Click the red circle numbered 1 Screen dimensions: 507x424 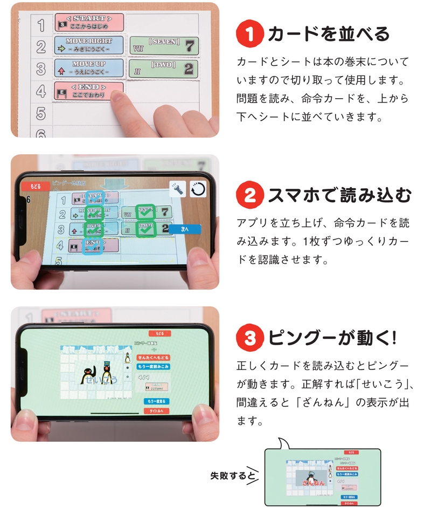[x=249, y=34]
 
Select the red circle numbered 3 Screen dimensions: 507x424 [x=249, y=338]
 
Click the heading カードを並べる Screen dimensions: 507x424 [x=329, y=34]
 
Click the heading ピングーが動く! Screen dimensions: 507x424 [x=332, y=338]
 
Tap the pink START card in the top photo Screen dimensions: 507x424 [x=89, y=23]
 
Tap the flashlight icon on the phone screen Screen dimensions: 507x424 [x=177, y=188]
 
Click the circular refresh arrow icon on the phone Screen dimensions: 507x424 [x=198, y=188]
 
